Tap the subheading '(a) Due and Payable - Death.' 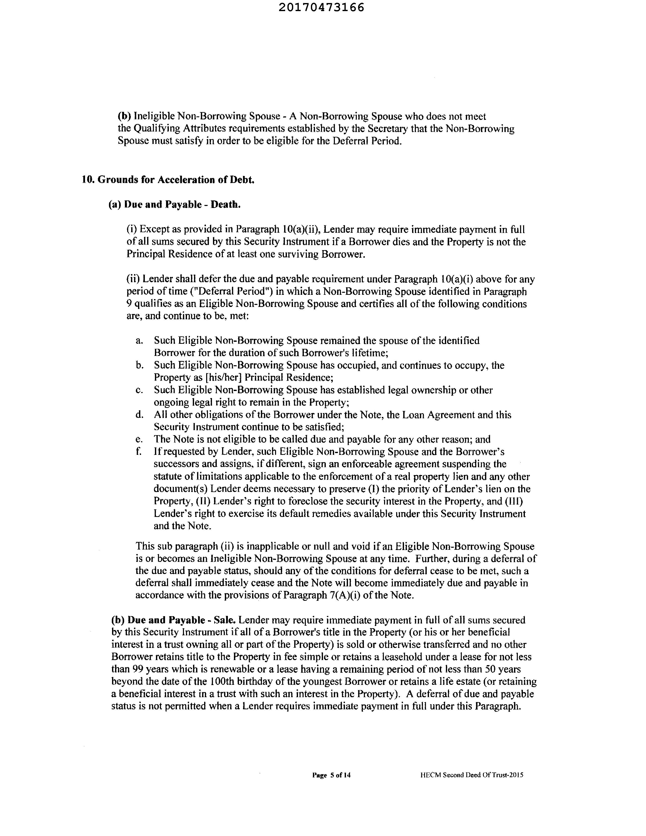(175, 205)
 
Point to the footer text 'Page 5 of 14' (331, 775)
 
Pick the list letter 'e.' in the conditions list (139, 439)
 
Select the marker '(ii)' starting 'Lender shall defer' (133, 279)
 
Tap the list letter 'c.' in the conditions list (139, 390)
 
